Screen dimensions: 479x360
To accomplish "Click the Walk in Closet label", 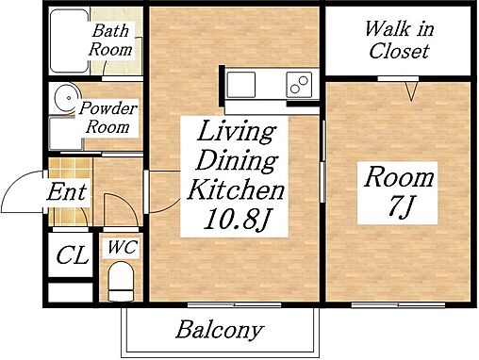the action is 399,40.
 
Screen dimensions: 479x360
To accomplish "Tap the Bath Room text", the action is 110,41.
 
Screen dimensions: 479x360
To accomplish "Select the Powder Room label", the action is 107,118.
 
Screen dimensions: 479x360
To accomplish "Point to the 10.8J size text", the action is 236,219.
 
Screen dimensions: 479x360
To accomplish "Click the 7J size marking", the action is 399,206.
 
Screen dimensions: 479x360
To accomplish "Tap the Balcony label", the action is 220,330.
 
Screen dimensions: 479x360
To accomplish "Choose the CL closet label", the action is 72,254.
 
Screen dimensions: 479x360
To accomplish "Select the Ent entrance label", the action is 66,191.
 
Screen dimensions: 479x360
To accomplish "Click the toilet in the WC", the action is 121,282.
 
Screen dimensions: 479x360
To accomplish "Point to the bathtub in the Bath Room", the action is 70,41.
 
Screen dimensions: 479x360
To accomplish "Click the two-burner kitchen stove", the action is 299,85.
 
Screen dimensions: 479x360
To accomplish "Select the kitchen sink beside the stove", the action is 241,85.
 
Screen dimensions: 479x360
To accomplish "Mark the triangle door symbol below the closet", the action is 411,91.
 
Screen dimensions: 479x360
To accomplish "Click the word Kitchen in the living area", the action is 236,189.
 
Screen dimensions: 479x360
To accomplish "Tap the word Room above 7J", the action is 399,178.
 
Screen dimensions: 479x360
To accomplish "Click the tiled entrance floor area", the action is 71,191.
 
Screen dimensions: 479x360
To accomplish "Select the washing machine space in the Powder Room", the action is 66,133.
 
